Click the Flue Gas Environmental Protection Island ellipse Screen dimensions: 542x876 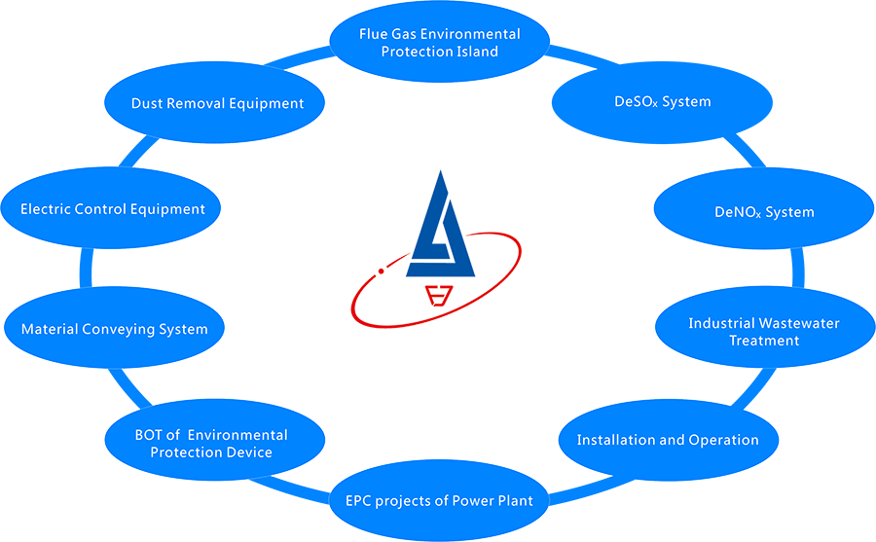coord(440,43)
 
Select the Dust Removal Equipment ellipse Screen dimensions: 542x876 coord(218,103)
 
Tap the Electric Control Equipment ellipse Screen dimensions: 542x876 coord(113,208)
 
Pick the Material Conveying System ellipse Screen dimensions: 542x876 coord(115,329)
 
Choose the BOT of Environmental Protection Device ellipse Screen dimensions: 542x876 coord(211,444)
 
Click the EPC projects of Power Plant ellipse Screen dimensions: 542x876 coord(440,500)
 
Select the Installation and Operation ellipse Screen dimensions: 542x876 coord(668,440)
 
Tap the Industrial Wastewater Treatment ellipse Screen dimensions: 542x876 coord(764,332)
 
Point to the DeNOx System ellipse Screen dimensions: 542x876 coord(764,212)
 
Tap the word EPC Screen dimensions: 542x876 coord(361,500)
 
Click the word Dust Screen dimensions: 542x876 coord(148,103)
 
